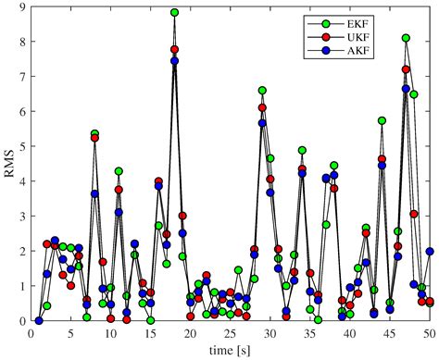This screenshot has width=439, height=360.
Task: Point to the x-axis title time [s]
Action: click(x=231, y=350)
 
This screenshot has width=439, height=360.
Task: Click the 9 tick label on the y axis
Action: click(x=21, y=7)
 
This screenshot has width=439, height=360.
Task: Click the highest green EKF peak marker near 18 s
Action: click(x=174, y=13)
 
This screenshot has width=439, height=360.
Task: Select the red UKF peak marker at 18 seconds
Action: click(x=174, y=50)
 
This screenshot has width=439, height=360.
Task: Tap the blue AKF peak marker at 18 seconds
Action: click(x=174, y=61)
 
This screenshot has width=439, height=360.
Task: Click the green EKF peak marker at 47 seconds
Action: click(x=406, y=38)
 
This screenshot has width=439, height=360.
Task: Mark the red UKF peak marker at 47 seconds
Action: click(x=406, y=69)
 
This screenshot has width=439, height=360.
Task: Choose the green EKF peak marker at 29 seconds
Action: click(x=262, y=91)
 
